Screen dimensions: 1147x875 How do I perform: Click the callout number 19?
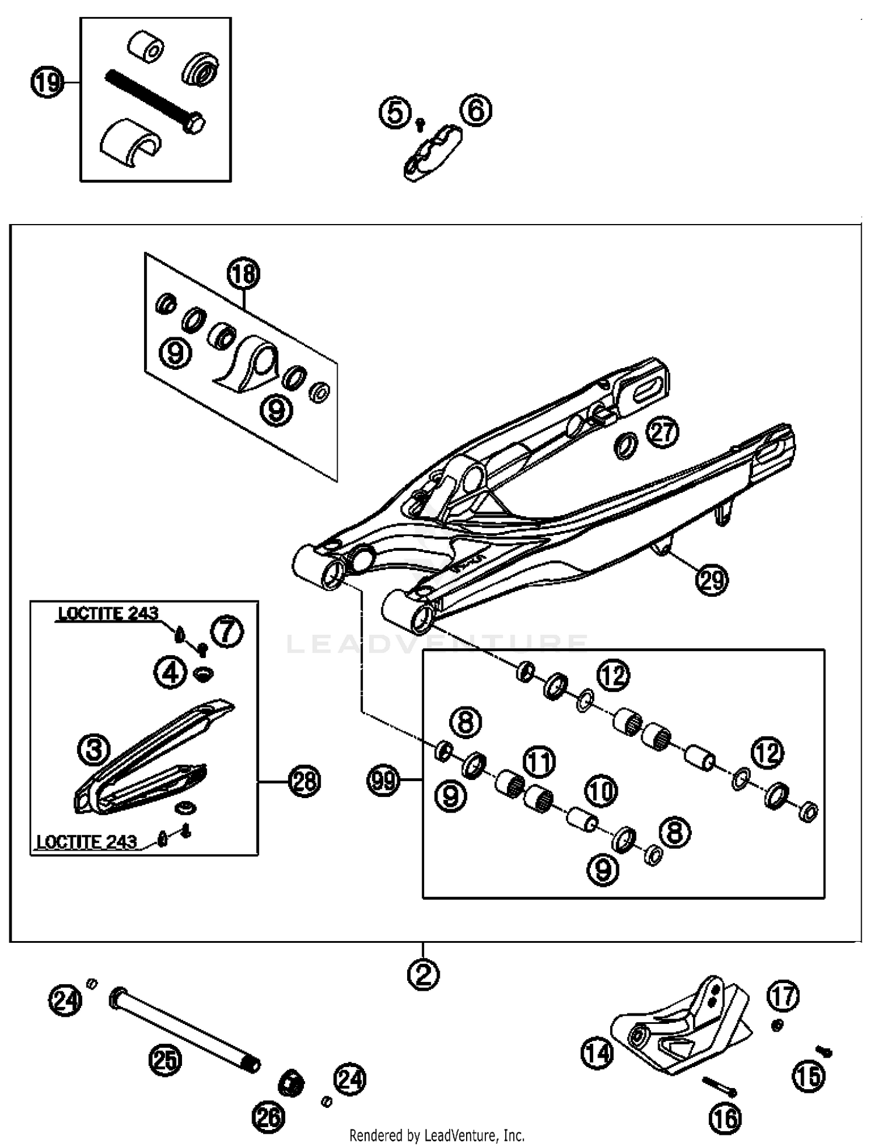point(47,83)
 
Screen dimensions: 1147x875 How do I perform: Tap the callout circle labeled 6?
point(476,110)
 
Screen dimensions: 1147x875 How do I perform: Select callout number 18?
point(243,274)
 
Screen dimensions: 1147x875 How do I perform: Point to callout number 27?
point(662,432)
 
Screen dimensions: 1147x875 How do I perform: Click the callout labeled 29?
point(712,579)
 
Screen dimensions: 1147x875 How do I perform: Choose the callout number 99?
point(383,780)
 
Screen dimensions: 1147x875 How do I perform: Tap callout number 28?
point(304,781)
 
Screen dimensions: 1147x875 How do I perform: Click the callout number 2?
point(423,975)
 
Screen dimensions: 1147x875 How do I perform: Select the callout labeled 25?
point(165,1059)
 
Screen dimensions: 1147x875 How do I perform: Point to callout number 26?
point(268,1117)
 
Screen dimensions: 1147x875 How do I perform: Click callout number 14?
point(597,1054)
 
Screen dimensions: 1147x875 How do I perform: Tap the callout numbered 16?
point(725,1118)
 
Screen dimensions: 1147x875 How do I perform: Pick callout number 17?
point(783,996)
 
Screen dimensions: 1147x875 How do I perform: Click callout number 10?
point(601,791)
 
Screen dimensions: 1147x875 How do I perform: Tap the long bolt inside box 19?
point(153,100)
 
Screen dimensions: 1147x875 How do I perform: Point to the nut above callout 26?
point(290,1083)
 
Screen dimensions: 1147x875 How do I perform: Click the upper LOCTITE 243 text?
point(108,613)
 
